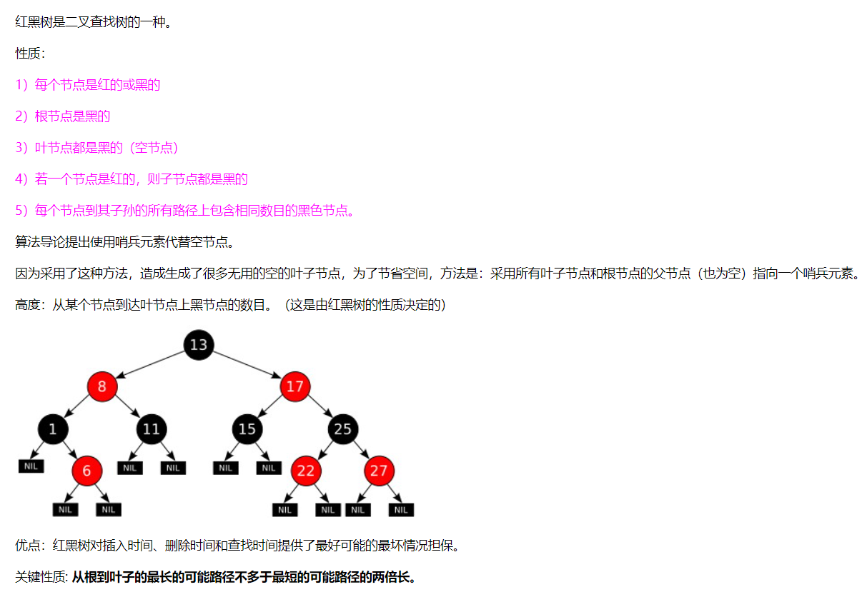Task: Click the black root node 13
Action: coord(199,345)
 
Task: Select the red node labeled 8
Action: coord(102,386)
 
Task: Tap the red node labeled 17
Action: coord(295,386)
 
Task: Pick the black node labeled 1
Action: coord(53,429)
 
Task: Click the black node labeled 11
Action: coord(151,429)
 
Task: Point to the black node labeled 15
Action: coord(247,429)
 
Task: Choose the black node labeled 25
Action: coord(343,429)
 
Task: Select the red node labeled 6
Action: coord(86,471)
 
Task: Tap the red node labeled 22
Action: coord(306,471)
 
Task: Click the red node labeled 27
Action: coord(379,471)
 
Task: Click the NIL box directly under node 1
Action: coord(31,466)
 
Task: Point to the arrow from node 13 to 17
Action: coord(247,364)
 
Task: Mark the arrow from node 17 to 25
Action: coord(319,408)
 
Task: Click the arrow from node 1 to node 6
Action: coord(70,450)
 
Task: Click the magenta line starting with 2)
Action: coord(63,116)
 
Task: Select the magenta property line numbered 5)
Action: coord(185,211)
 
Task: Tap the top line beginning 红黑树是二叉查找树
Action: coord(93,22)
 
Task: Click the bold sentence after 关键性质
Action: coord(244,577)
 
